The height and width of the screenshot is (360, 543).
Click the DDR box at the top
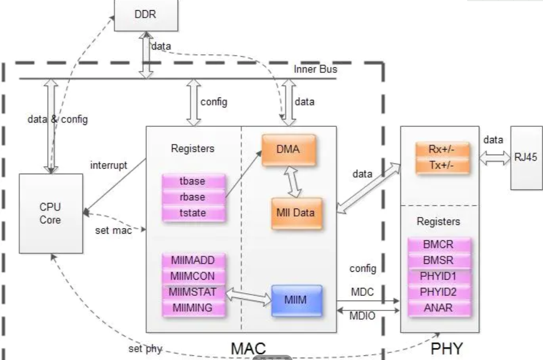[x=146, y=15]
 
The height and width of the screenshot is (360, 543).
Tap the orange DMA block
[x=289, y=150]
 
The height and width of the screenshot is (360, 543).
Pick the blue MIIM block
[x=296, y=300]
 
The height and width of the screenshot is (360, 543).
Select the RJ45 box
[x=526, y=157]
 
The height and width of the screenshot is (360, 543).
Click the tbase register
[x=193, y=182]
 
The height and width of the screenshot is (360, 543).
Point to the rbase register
[x=193, y=197]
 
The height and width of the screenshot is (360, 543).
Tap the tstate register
[x=193, y=213]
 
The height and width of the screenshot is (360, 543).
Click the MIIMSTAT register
[x=193, y=292]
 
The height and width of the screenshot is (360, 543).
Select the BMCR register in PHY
[x=439, y=245]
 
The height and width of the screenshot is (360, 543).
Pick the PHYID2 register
[x=439, y=292]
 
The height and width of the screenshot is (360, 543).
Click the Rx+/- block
[x=442, y=151]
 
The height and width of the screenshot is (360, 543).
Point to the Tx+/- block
[x=442, y=166]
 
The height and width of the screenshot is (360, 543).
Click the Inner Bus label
[x=315, y=69]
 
